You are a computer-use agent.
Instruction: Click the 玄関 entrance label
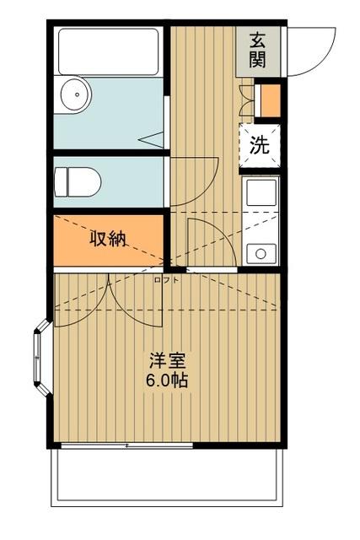click(258, 50)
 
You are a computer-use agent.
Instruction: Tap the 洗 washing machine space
click(259, 144)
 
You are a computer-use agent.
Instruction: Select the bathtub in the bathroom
click(108, 52)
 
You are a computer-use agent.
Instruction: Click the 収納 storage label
click(108, 238)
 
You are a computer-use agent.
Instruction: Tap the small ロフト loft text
click(166, 280)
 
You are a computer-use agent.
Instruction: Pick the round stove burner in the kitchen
click(260, 251)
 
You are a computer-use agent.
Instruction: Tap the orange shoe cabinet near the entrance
click(269, 100)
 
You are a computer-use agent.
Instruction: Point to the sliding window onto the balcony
click(126, 444)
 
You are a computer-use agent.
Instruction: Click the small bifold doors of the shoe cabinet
click(247, 100)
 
